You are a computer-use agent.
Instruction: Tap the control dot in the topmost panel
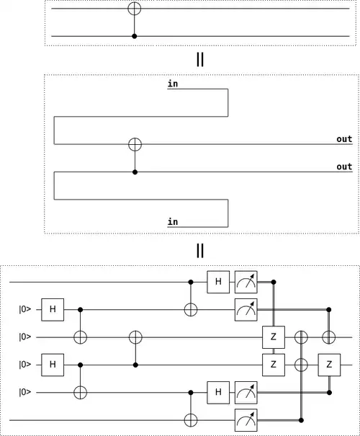[x=135, y=36]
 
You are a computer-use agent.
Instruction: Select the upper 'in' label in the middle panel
[x=173, y=84]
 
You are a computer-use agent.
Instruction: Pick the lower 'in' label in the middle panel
[x=173, y=222]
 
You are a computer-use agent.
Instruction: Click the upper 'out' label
[x=344, y=139]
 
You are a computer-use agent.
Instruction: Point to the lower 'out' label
[x=344, y=166]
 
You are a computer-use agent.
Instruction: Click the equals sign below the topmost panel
[x=200, y=59]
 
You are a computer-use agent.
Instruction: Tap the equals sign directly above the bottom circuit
[x=200, y=251]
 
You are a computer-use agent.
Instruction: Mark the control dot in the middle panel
[x=135, y=172]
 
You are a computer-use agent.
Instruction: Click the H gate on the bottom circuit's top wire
[x=218, y=282]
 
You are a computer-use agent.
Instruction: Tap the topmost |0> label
[x=25, y=309]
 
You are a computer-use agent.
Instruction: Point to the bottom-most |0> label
[x=25, y=392]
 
